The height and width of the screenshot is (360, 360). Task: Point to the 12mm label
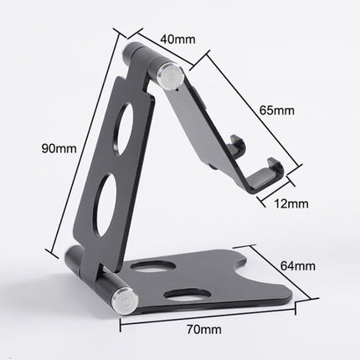tap(291, 203)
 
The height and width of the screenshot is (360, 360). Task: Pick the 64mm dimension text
tap(298, 267)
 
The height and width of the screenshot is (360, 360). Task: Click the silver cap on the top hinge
tap(174, 77)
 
